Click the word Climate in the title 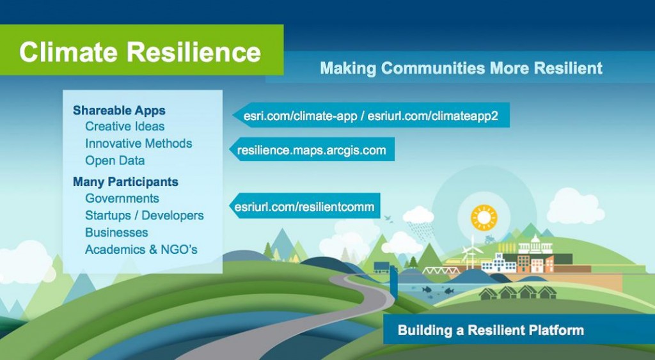69,52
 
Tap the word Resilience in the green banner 194,52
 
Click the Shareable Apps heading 119,111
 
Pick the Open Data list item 115,160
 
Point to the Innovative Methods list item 138,143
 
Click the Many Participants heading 125,182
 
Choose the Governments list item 122,198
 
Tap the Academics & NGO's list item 141,249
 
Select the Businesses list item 116,232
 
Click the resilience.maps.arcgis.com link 312,150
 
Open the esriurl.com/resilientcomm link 304,207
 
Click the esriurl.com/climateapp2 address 433,116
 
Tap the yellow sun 484,217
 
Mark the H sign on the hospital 499,256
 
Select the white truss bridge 436,270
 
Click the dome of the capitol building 535,239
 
